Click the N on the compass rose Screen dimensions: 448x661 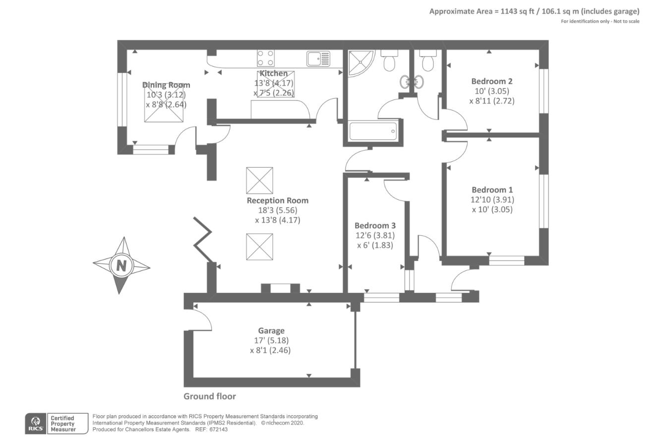click(121, 265)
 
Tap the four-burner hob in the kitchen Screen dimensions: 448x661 click(265, 59)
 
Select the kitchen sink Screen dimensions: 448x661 click(317, 59)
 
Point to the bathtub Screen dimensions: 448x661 click(373, 131)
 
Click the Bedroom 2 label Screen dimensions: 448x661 click(491, 81)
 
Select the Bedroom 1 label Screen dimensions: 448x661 click(492, 190)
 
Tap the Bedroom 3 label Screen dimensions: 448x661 click(375, 225)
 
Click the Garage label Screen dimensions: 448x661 click(271, 330)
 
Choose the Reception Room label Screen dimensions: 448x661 click(277, 200)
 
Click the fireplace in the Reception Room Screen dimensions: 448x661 click(281, 288)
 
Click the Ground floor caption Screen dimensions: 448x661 click(210, 396)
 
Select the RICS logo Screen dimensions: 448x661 click(35, 424)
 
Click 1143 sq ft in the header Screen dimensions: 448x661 click(513, 11)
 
